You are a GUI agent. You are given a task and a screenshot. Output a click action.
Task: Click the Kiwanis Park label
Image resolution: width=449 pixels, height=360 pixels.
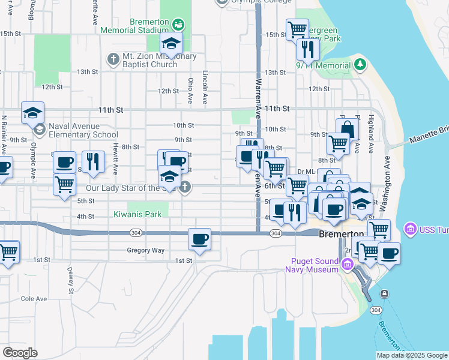coord(137,214)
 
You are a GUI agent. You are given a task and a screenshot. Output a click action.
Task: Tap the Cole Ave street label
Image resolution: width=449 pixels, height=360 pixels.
coord(34,298)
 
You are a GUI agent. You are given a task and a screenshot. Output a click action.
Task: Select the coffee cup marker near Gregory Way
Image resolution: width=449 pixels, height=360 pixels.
coord(199,239)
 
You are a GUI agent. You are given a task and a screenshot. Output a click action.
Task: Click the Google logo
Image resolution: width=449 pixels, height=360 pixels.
coord(20,353)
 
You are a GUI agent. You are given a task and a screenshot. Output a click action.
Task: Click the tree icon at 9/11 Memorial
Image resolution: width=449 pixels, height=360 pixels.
coord(360,64)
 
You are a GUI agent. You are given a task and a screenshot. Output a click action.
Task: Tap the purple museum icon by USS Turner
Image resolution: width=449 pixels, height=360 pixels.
coord(411,228)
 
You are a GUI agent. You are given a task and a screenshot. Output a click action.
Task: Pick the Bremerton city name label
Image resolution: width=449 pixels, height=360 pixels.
coord(342,233)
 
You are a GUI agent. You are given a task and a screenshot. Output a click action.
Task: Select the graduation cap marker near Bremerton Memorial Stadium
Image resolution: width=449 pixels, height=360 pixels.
coord(171,43)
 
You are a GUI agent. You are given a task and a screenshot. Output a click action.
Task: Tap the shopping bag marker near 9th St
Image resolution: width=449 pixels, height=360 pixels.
coord(348,128)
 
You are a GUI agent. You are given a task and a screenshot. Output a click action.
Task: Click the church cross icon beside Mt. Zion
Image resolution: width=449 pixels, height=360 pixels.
coord(112,59)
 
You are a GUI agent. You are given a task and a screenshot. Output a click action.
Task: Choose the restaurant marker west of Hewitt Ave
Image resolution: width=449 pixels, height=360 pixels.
coord(93,162)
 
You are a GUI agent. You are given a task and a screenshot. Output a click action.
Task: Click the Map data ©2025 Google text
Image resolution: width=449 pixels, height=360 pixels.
coord(412,355)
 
